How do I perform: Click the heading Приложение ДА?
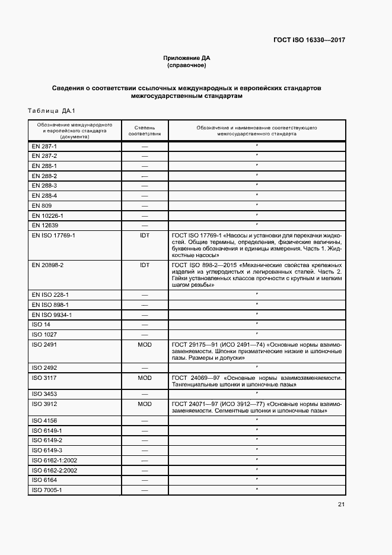187,58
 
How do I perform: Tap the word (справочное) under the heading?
187,65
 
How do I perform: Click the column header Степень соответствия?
144,131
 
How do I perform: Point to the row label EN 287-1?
44,146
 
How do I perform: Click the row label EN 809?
42,205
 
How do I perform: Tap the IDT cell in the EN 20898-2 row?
144,265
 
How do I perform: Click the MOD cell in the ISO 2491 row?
144,344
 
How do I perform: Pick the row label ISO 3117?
43,378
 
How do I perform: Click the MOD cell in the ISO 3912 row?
144,404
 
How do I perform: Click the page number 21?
341,505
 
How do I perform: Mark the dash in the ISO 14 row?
144,325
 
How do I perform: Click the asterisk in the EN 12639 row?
256,224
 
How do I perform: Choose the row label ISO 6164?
44,480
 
